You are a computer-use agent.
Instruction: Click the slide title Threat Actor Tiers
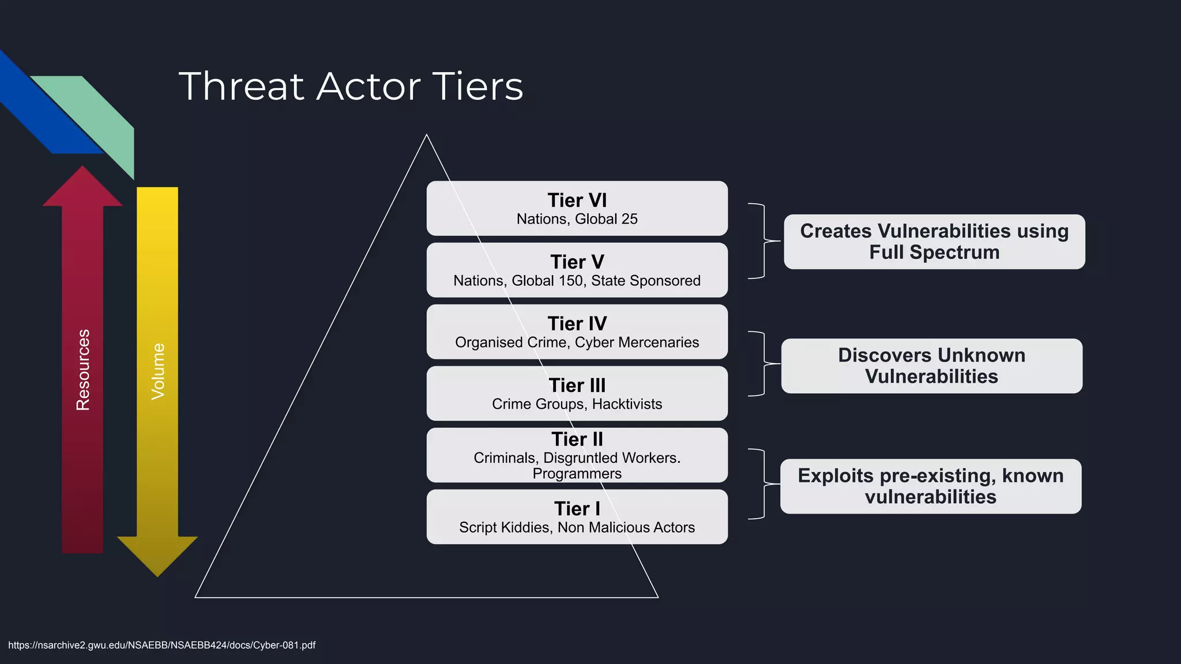351,86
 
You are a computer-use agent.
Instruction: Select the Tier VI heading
577,200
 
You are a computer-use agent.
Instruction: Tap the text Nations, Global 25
577,219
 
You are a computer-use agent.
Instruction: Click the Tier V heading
577,262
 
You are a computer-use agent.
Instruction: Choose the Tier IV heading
577,323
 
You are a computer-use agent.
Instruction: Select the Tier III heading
577,385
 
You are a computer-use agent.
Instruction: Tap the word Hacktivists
627,404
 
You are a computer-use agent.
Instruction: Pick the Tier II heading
577,439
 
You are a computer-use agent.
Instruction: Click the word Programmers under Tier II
577,474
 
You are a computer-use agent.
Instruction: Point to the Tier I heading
577,508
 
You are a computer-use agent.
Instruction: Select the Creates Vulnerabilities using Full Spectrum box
934,242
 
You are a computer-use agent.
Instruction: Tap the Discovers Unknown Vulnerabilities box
931,366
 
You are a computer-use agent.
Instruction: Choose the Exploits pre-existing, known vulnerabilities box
931,486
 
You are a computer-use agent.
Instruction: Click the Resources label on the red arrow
83,369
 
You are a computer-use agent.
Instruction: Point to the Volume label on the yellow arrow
157,371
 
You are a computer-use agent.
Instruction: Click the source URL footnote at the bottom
162,645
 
